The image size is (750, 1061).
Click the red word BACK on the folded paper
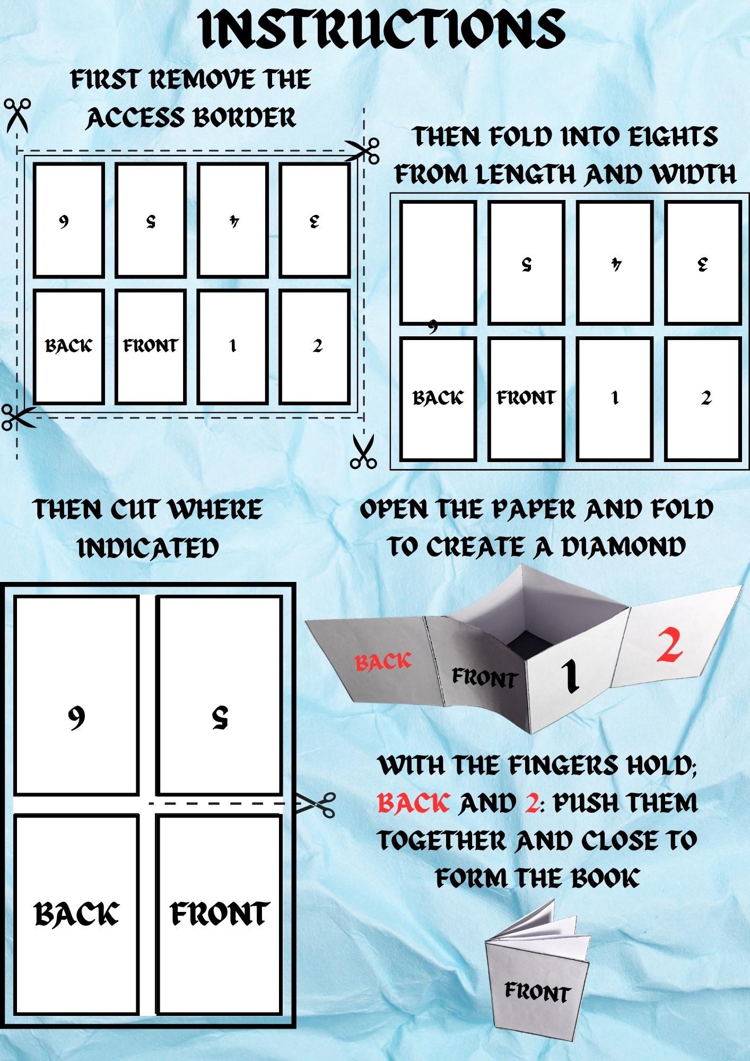383,662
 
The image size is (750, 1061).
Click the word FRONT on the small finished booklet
537,992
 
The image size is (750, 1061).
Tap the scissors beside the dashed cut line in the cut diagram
316,804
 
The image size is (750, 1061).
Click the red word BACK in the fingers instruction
413,803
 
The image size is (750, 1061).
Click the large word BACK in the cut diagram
76,914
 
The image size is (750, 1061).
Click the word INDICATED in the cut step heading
148,547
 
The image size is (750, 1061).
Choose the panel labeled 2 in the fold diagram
703,398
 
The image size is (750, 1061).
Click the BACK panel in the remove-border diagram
68,346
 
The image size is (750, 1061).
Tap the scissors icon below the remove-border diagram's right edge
363,451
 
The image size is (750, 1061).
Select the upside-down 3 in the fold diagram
703,264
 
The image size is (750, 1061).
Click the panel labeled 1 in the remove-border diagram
232,346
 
